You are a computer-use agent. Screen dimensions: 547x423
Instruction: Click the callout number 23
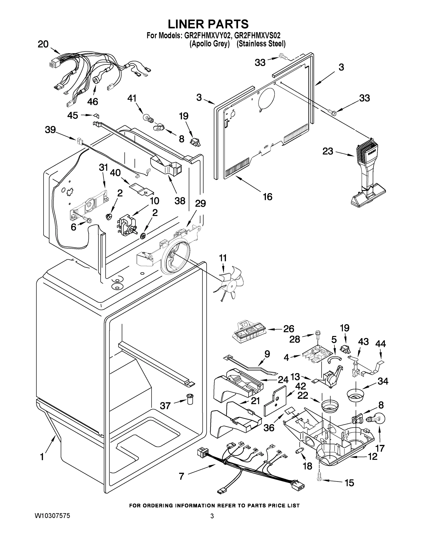(x=327, y=151)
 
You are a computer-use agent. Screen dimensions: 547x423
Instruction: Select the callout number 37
(x=165, y=405)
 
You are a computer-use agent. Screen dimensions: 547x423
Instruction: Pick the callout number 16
(x=268, y=197)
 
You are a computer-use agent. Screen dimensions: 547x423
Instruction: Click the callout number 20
(x=43, y=44)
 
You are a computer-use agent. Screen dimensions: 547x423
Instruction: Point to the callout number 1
(x=42, y=457)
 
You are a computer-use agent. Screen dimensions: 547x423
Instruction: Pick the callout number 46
(x=93, y=101)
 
